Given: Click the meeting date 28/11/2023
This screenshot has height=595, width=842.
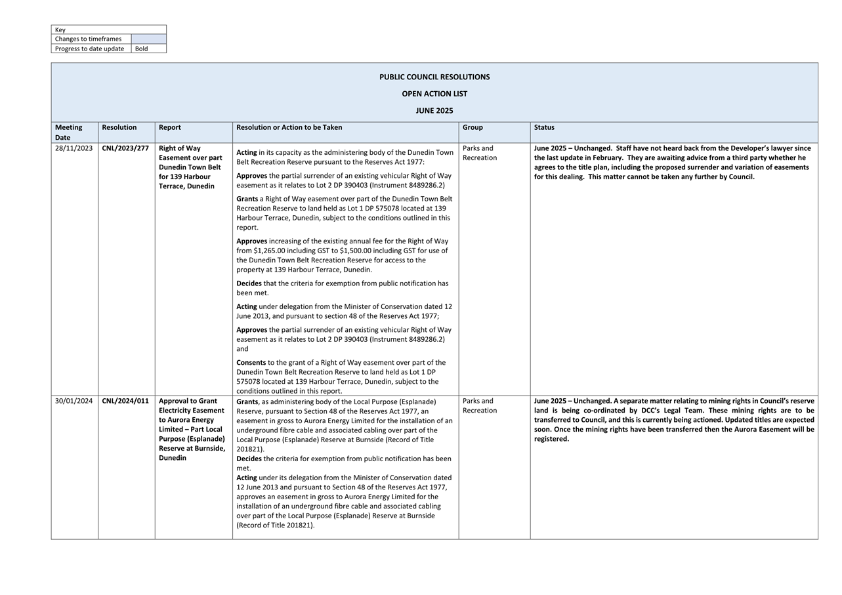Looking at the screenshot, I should point(74,148).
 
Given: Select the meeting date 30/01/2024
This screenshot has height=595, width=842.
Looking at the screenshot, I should point(74,401).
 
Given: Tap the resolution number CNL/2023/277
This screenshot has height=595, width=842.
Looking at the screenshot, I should point(125,148).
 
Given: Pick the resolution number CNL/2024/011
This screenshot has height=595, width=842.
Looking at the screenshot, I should point(125,401).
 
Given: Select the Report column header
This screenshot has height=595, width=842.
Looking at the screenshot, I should point(170,127).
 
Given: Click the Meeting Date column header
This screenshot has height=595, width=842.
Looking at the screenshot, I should point(68,133).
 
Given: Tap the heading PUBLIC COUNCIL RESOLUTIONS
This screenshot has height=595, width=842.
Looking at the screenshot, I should point(434,77).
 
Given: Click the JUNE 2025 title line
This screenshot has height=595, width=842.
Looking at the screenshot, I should point(434,111).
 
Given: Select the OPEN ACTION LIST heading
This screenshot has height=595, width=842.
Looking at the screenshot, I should point(434,94).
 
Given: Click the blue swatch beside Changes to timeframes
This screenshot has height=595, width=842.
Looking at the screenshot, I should point(149,39).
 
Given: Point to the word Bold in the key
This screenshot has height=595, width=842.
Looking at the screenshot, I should point(142,49).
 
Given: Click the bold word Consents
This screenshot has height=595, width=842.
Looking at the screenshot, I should point(251,362).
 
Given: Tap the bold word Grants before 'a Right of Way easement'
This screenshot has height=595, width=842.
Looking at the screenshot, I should point(247,199).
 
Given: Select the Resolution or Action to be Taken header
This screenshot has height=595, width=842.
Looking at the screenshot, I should point(289,127).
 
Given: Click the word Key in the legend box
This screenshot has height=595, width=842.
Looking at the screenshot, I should point(60,30).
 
